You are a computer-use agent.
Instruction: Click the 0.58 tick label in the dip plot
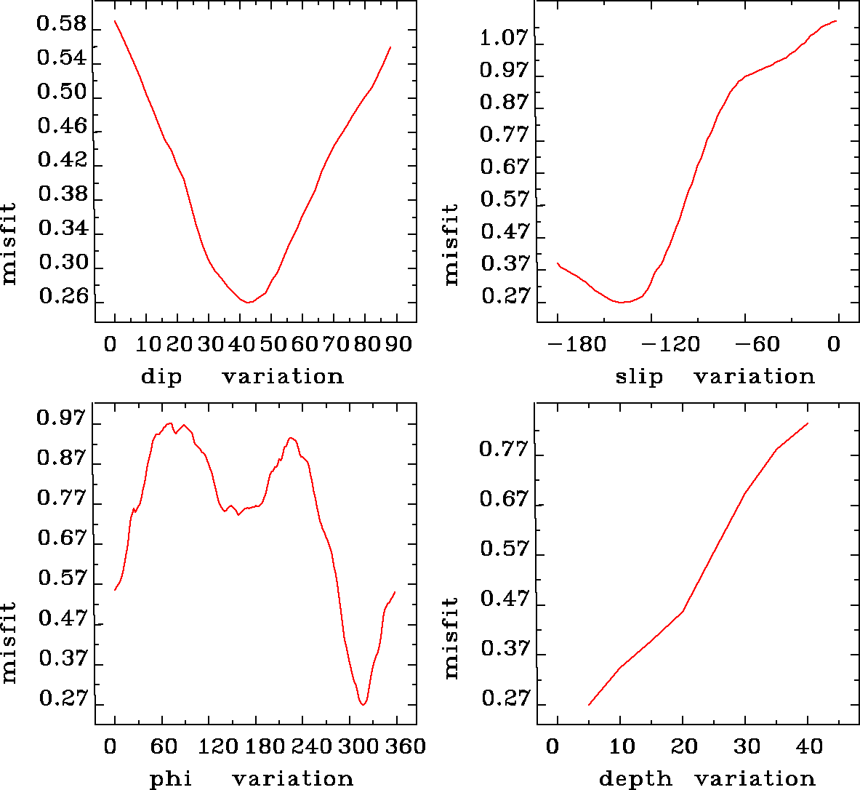pyautogui.click(x=62, y=25)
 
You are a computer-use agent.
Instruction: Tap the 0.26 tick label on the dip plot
pyautogui.click(x=63, y=297)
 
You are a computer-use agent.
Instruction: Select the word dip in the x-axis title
pyautogui.click(x=161, y=377)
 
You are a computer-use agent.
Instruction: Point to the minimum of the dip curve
pyautogui.click(x=249, y=302)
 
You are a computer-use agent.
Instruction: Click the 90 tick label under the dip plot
pyautogui.click(x=398, y=344)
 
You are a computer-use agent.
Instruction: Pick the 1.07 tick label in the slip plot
pyautogui.click(x=503, y=38)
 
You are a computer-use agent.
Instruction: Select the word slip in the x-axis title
pyautogui.click(x=640, y=377)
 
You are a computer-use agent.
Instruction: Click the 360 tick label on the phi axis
pyautogui.click(x=407, y=747)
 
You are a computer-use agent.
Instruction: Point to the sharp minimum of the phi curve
pyautogui.click(x=363, y=704)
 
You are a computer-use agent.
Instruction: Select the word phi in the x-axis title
pyautogui.click(x=171, y=780)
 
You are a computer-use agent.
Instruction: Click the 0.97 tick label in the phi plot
pyautogui.click(x=62, y=418)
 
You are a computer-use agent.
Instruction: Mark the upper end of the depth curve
pyautogui.click(x=808, y=423)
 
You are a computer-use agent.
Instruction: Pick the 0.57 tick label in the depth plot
pyautogui.click(x=505, y=548)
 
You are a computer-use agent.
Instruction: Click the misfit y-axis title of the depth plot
pyautogui.click(x=451, y=638)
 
